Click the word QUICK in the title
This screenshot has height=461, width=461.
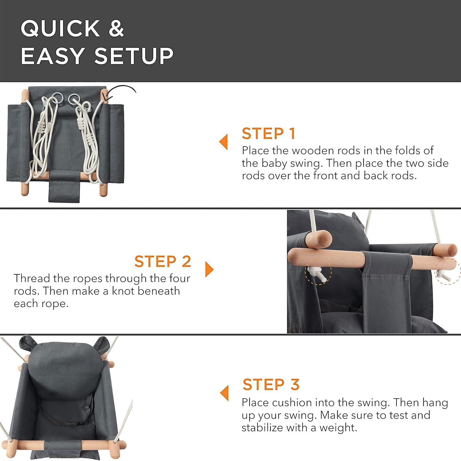point(60,29)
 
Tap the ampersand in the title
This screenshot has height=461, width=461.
point(116,29)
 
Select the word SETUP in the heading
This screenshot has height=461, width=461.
point(134,56)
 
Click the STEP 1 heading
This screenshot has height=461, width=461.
point(268,133)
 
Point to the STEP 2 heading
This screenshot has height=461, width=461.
point(163,261)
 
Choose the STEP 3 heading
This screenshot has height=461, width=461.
point(271,384)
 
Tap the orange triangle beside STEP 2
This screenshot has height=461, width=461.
point(209,269)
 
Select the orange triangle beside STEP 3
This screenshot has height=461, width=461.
point(224,393)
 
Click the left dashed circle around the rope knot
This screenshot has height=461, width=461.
point(318,272)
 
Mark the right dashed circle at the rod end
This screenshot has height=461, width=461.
point(448,271)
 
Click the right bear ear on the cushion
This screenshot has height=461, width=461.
point(103,344)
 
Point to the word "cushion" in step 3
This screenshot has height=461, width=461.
point(292,402)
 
